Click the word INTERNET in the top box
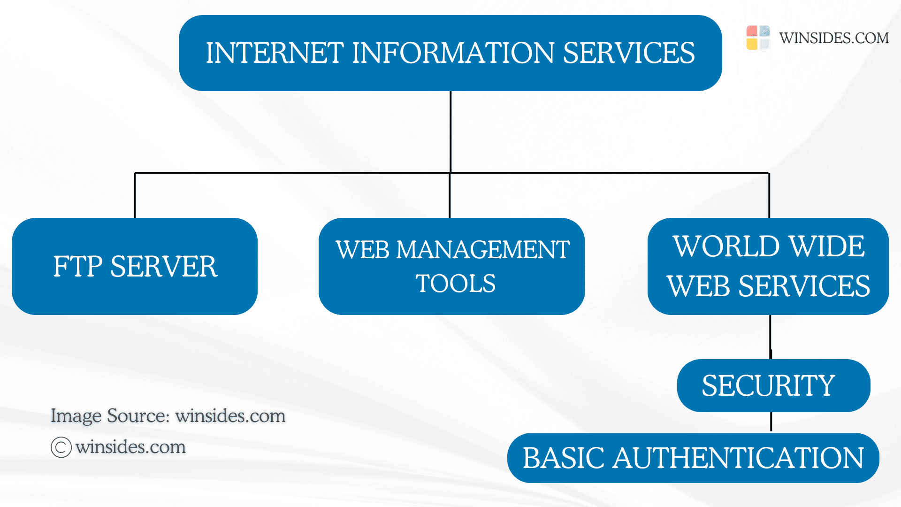tap(275, 53)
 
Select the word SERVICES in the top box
tap(628, 53)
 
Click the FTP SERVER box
tap(135, 266)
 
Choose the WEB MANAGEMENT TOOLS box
tap(451, 266)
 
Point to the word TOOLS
tap(455, 284)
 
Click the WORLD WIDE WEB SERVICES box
tap(768, 266)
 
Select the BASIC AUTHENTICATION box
tap(693, 458)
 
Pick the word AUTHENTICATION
tap(738, 458)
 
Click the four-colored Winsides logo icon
tap(758, 38)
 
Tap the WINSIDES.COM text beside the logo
tap(834, 38)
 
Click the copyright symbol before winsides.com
tap(61, 447)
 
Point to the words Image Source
tap(109, 416)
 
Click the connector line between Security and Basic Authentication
tap(771, 422)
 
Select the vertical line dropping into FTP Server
tap(135, 195)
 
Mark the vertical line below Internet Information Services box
tap(450, 131)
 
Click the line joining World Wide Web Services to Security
tap(771, 337)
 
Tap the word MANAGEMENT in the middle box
tap(483, 249)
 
